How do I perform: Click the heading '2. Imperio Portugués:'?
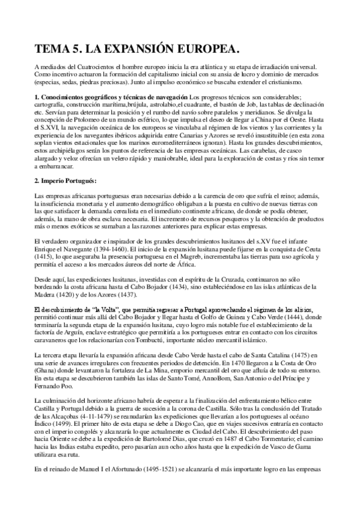click(66, 181)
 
